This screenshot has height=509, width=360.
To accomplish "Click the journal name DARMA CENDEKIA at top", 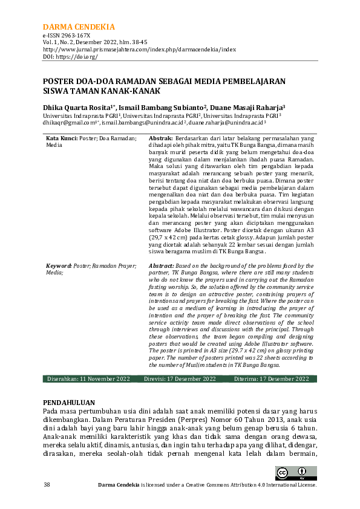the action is click(x=79, y=27).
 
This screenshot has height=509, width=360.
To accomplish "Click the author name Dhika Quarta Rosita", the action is click(x=78, y=105).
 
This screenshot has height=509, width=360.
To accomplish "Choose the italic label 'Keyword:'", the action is click(x=60, y=265).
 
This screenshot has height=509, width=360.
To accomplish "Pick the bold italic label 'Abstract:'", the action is click(x=162, y=265).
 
